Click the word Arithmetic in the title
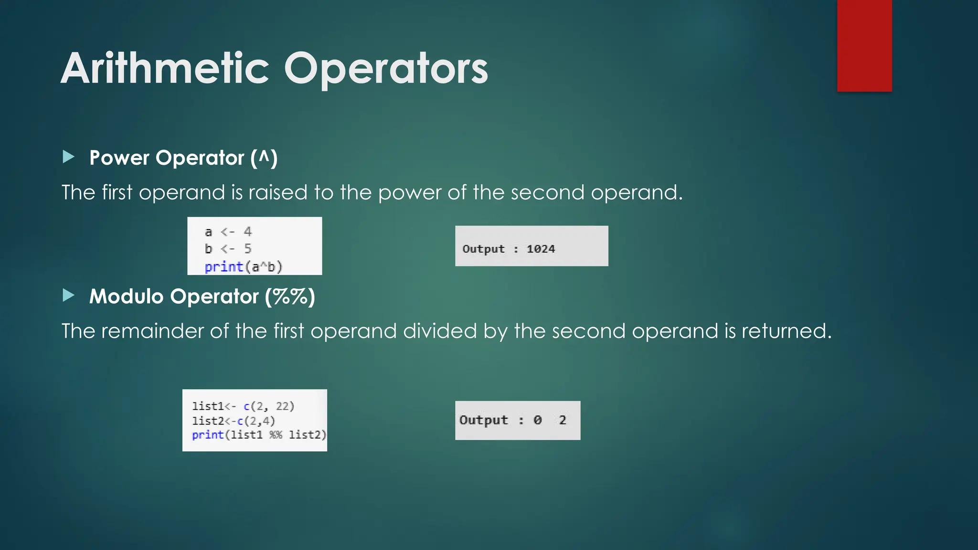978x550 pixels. tap(165, 69)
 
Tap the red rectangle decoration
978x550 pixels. tap(864, 45)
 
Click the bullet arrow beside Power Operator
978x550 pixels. tap(69, 157)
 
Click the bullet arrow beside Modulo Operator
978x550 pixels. tap(69, 296)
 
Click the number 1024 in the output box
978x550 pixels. tap(541, 249)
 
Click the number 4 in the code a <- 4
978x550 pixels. tap(247, 232)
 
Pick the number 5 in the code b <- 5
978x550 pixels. tap(247, 249)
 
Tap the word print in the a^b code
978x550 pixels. tap(223, 266)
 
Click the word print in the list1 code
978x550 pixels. tap(208, 435)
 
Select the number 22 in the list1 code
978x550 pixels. tap(282, 406)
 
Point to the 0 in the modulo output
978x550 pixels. tap(538, 420)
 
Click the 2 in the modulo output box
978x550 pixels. tap(563, 420)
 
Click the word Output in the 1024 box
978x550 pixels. tap(483, 249)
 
